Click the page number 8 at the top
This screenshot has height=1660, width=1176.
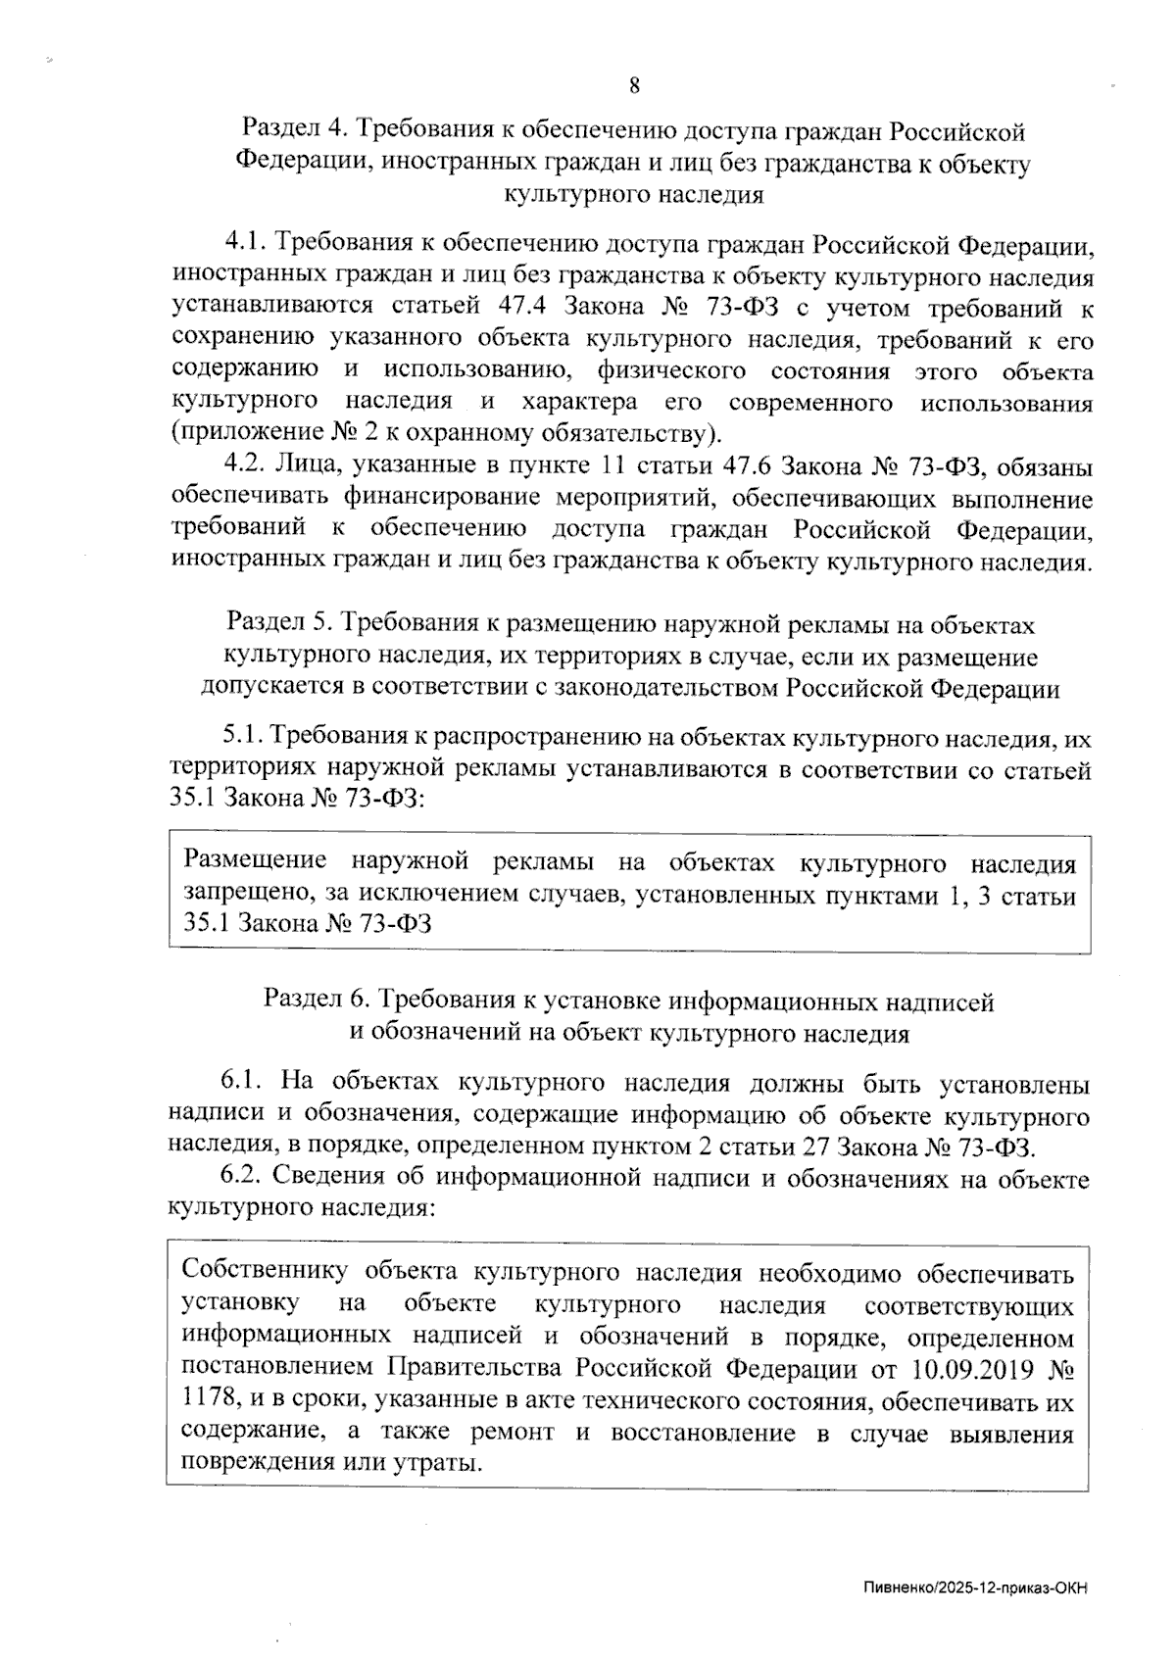pos(634,85)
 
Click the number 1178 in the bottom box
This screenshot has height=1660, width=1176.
pos(207,1401)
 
